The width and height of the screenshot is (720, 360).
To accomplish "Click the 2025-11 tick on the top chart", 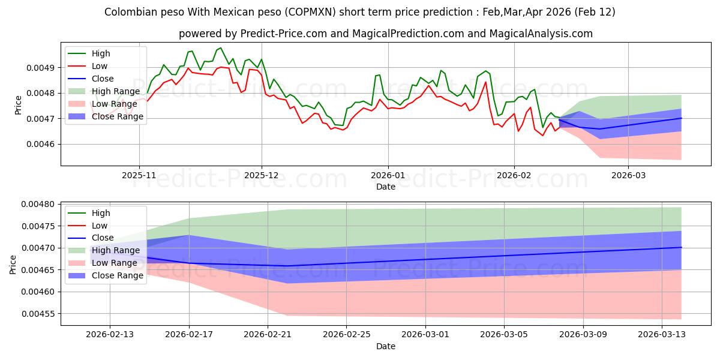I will pyautogui.click(x=139, y=175).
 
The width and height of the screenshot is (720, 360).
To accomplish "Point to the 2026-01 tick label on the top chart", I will pyautogui.click(x=388, y=175).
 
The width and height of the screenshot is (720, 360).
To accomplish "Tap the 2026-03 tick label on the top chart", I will pyautogui.click(x=628, y=175).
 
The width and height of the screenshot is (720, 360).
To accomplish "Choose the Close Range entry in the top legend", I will pyautogui.click(x=118, y=116).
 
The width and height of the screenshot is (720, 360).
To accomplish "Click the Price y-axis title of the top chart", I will pyautogui.click(x=18, y=104).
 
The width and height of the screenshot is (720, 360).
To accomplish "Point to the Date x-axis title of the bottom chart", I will pyautogui.click(x=385, y=347).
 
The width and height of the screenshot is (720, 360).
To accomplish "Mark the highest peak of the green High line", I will pyautogui.click(x=220, y=48).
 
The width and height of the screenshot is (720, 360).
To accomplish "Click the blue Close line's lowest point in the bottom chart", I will pyautogui.click(x=287, y=266).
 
